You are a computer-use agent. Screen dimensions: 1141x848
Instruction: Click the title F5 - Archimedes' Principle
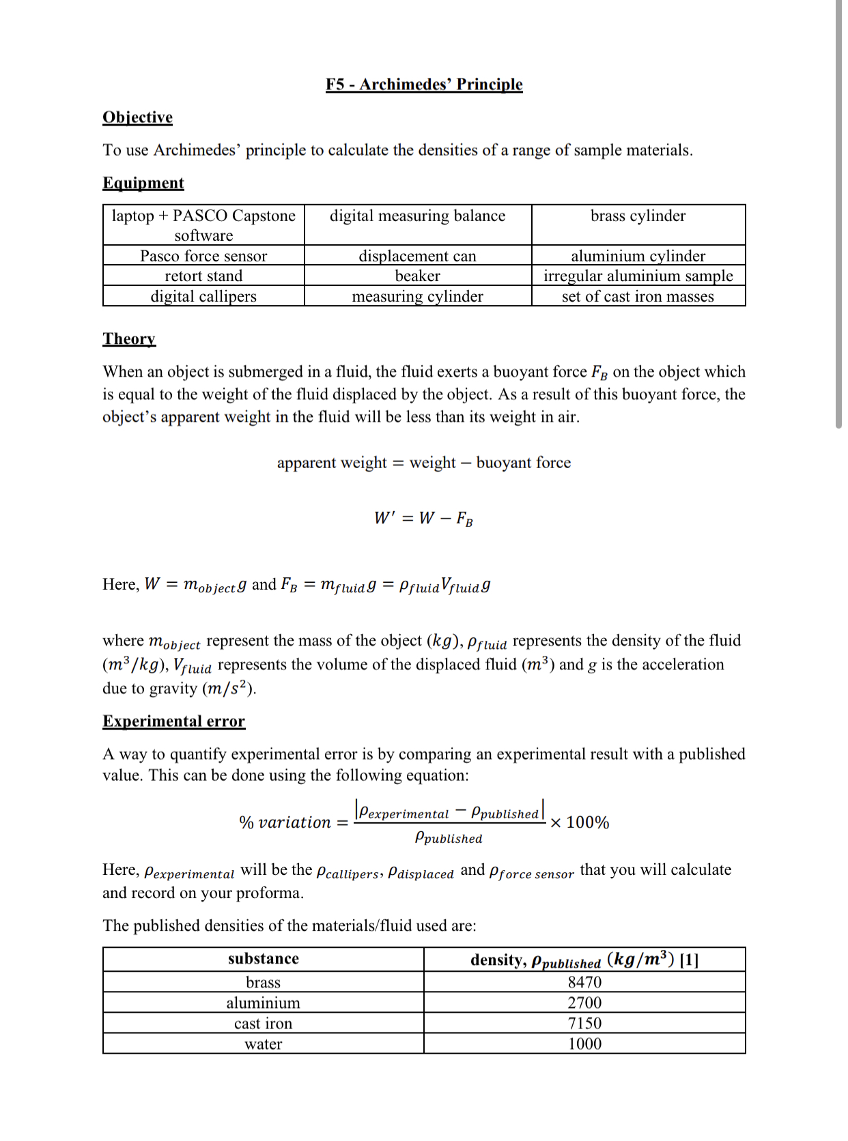424,84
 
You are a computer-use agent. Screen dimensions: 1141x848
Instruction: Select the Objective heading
137,117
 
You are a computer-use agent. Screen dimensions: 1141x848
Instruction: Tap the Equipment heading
143,183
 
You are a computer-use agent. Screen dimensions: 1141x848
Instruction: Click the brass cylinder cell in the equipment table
638,216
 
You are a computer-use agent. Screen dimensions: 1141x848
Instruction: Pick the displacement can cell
417,256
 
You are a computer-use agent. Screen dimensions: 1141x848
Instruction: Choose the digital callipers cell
203,296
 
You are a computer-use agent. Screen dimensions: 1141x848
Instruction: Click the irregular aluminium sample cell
638,276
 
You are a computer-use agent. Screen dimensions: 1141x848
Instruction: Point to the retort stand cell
203,276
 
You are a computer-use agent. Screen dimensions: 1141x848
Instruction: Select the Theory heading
129,339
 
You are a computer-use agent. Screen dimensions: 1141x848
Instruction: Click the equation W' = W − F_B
423,518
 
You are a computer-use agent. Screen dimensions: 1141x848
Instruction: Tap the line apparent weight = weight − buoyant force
423,463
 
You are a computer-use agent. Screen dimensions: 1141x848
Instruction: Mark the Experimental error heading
173,721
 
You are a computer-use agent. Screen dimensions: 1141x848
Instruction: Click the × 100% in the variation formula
580,822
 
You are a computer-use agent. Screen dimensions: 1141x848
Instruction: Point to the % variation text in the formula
285,822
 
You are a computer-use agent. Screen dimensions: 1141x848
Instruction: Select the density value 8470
584,982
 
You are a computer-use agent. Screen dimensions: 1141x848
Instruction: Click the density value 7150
584,1023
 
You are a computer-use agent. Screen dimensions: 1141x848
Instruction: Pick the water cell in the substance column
263,1044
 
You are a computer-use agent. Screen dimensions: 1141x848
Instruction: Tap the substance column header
263,959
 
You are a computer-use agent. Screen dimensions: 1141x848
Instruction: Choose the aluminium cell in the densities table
263,1002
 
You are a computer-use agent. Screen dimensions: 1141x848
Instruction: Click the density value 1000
584,1044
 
